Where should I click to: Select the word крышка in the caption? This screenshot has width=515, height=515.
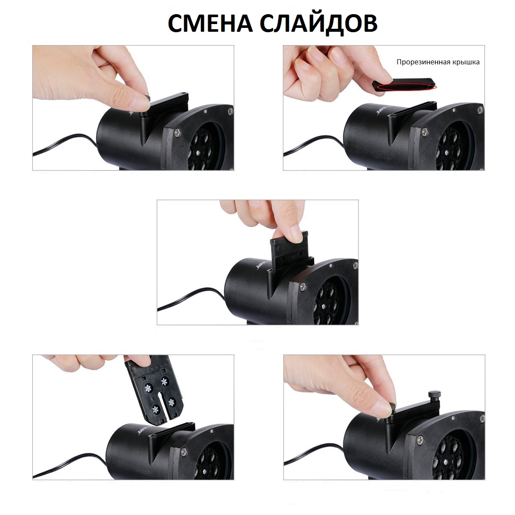click(x=466, y=62)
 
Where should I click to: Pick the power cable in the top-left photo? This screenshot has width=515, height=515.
click(x=64, y=145)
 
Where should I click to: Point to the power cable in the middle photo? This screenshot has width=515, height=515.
click(x=189, y=298)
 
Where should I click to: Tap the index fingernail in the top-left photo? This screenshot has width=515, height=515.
click(x=140, y=102)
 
